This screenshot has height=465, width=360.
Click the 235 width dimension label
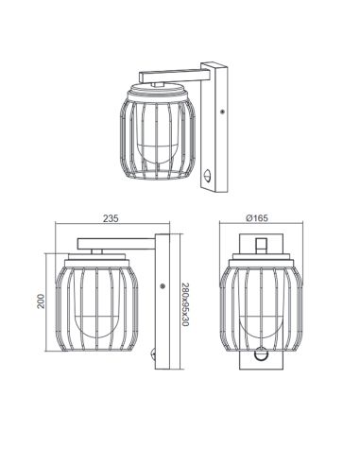(111, 218)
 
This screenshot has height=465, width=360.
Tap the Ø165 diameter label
(257, 218)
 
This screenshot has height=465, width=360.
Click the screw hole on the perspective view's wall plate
(221, 111)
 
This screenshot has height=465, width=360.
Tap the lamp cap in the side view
(96, 257)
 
